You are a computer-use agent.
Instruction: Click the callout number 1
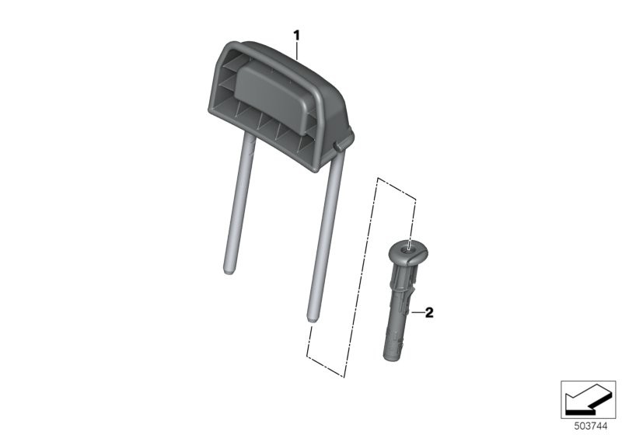coord(296,36)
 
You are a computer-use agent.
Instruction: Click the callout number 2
coord(429,313)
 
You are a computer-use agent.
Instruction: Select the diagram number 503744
coord(591,426)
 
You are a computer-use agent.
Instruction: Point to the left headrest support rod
coord(238,203)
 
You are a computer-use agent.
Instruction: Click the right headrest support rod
coord(326,237)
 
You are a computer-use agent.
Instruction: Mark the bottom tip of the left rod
coord(229,273)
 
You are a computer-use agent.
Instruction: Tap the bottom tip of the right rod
coord(313,322)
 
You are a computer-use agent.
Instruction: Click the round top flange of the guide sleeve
coord(409,252)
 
